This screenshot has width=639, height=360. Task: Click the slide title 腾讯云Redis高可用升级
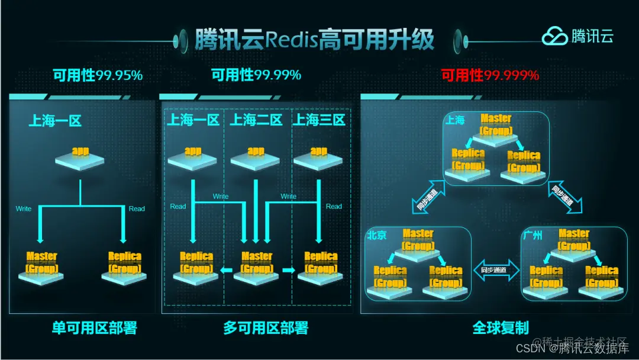(314, 40)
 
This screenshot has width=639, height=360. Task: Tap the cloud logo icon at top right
(554, 37)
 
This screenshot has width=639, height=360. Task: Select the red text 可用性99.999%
(490, 75)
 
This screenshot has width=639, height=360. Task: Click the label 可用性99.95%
(98, 75)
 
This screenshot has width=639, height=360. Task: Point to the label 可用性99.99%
(256, 75)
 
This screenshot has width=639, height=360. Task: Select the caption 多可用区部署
(266, 327)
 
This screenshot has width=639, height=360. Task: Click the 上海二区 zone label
(256, 120)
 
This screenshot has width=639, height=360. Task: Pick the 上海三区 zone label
(319, 120)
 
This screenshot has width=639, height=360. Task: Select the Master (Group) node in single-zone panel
(41, 266)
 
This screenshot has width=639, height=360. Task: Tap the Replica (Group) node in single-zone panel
(125, 266)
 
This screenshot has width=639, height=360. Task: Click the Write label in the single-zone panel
(24, 208)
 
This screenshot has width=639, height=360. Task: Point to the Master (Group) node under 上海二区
(257, 266)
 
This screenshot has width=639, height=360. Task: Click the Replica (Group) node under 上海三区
(321, 266)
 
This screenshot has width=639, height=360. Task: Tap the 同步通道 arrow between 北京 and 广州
(496, 270)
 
